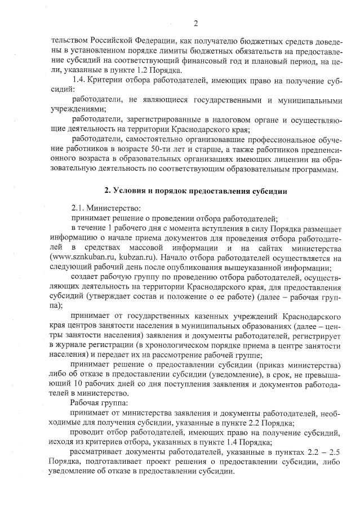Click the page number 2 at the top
195,23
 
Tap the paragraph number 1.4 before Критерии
81,80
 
